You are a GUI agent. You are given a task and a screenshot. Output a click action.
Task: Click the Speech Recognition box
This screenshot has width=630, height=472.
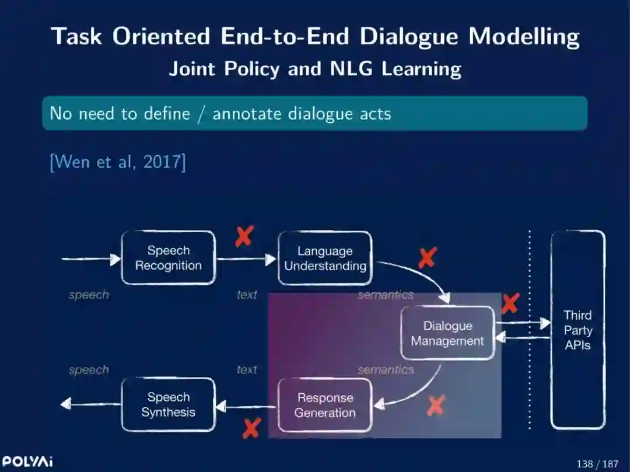coord(168,258)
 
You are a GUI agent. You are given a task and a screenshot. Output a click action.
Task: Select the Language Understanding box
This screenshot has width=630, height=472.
coord(325,258)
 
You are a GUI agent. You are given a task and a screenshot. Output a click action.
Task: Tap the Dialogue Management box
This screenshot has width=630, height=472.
coord(447,333)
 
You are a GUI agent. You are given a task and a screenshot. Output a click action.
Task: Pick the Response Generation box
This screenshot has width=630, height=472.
coord(325,405)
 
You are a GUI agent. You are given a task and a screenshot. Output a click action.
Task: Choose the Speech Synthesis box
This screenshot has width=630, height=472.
coord(168,404)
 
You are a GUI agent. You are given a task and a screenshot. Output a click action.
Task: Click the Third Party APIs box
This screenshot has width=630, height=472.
coord(577,330)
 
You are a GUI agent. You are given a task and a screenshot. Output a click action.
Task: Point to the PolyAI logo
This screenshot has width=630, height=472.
coord(27,461)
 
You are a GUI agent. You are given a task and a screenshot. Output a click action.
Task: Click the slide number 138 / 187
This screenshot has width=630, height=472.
coord(597,464)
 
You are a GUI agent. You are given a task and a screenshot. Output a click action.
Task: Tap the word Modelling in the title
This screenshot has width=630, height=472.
coord(524,36)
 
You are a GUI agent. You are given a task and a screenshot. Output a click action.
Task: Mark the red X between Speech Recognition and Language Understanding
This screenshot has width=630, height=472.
coord(244,236)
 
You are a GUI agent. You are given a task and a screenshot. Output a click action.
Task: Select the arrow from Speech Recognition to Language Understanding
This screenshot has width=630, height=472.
coord(246,259)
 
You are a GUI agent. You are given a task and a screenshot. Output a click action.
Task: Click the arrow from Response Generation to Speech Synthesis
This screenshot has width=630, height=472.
coord(246,406)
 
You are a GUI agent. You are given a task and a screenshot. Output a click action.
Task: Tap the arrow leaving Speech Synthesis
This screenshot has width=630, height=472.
coord(90,403)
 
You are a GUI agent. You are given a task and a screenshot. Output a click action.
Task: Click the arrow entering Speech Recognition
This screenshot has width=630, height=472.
coord(91,258)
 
